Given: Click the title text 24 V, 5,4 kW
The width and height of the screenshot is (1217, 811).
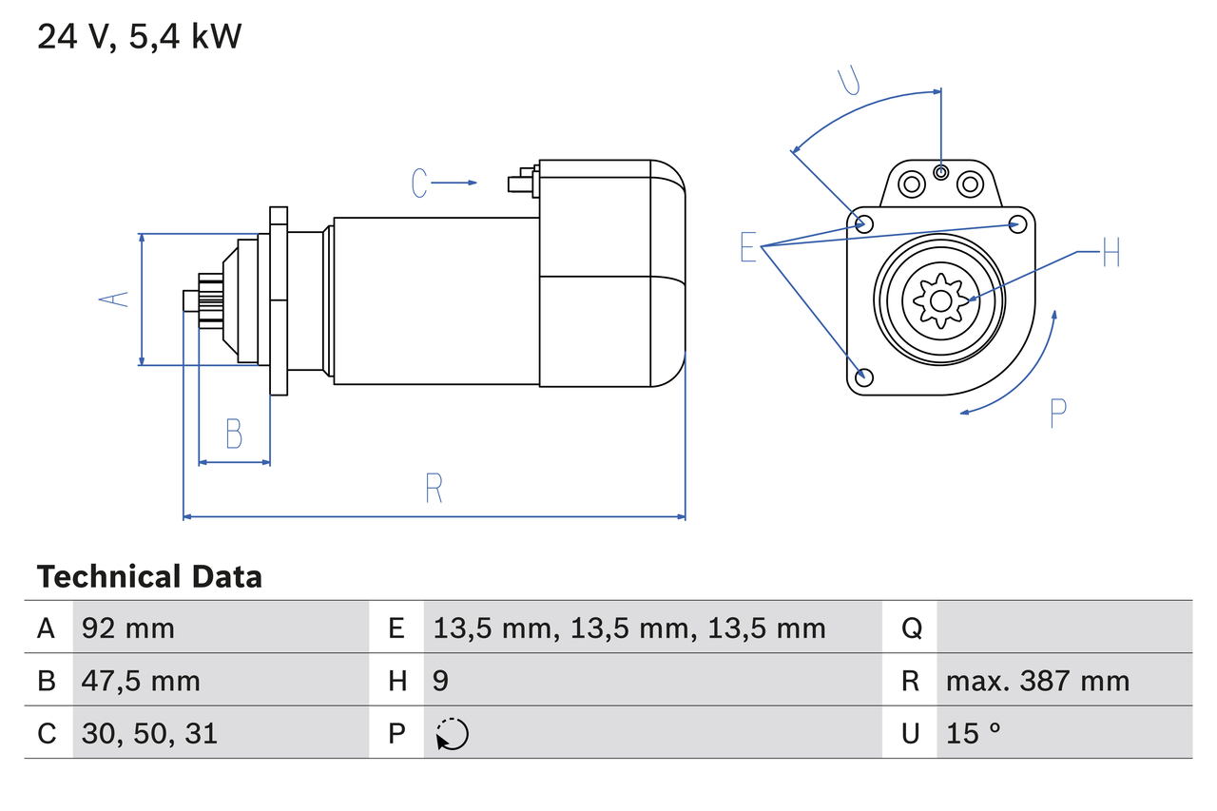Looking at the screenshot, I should (139, 37).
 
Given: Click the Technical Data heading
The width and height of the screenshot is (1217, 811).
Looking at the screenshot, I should (149, 577).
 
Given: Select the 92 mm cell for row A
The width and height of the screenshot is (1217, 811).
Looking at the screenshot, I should (128, 628).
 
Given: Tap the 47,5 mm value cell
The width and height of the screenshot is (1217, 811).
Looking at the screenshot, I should (141, 681).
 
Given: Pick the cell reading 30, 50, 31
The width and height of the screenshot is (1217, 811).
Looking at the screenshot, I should (149, 733).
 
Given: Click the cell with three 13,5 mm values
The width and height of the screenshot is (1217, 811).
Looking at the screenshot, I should (629, 628).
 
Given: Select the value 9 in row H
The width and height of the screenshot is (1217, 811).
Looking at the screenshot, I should (440, 681).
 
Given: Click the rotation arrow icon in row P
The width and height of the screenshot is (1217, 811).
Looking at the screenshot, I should (453, 734).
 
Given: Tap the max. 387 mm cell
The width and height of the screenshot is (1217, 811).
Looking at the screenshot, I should (1037, 681).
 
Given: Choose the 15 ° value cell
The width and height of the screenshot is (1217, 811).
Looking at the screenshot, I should (974, 733).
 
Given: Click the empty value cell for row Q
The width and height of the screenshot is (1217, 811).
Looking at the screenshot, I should (1063, 628).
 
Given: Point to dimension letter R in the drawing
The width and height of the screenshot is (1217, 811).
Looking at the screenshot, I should (434, 489).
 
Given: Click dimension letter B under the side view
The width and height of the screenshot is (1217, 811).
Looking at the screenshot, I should (234, 434).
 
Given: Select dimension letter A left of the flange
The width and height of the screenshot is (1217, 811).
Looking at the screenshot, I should (115, 299).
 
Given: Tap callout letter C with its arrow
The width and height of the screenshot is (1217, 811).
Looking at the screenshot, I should (420, 183).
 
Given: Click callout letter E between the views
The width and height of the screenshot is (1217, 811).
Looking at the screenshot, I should (748, 249).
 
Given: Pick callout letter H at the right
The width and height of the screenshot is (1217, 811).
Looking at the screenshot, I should (1111, 254).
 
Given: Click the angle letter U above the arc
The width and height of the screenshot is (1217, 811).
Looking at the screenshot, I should (849, 81).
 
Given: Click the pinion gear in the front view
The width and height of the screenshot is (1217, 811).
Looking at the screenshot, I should (940, 301).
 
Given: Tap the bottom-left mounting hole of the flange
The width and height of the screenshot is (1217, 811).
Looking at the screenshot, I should (863, 377).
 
